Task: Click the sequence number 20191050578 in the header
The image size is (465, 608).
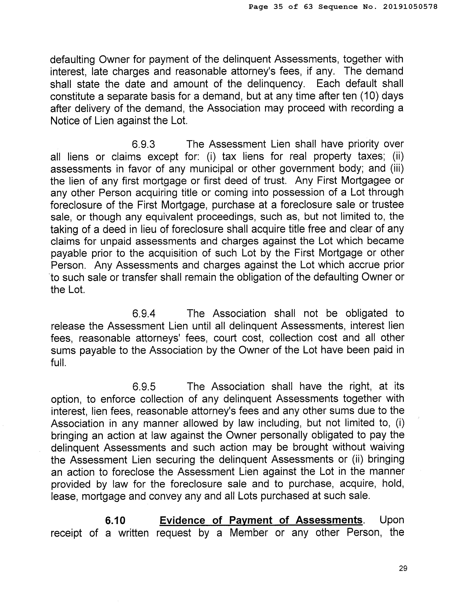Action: pos(410,7)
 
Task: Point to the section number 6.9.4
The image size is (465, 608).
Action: pos(144,314)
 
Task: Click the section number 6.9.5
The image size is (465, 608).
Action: pos(144,386)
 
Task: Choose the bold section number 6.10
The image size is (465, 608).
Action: pos(115,520)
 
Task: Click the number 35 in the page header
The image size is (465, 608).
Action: pos(278,7)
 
